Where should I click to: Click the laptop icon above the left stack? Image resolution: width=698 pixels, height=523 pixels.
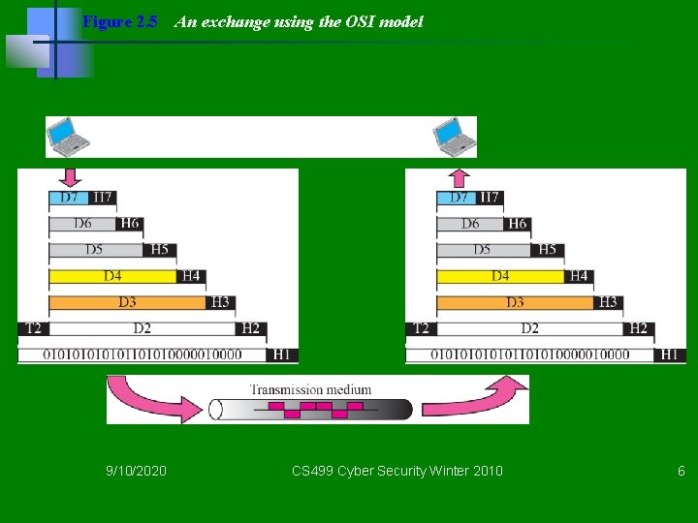[x=69, y=136]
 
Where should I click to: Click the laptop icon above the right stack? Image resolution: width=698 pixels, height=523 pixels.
[x=455, y=136]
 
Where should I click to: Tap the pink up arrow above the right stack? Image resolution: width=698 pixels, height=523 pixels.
[x=459, y=178]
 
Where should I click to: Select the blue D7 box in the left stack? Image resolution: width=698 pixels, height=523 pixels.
[x=69, y=198]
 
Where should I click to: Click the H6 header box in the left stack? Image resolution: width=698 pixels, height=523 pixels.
[x=130, y=224]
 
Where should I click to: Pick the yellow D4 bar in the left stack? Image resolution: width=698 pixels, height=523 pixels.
[x=113, y=276]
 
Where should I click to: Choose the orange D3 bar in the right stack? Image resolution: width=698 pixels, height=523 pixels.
[x=514, y=302]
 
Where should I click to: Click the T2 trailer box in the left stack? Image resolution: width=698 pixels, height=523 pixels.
[x=33, y=328]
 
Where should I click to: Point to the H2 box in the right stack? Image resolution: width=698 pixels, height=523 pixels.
[x=638, y=328]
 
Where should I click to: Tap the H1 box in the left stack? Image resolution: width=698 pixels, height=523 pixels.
[x=281, y=354]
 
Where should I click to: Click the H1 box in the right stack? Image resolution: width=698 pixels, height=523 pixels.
[x=669, y=354]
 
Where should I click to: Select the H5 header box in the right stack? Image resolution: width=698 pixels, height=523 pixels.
[x=548, y=250]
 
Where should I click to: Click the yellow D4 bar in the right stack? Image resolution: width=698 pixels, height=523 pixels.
[x=500, y=276]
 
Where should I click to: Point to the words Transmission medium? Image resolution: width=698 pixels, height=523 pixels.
[x=310, y=389]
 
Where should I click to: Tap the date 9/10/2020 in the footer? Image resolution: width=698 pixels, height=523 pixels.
[x=136, y=471]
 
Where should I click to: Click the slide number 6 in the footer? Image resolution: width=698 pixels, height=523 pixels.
[x=681, y=471]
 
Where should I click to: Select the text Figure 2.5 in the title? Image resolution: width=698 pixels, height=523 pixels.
[x=119, y=21]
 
